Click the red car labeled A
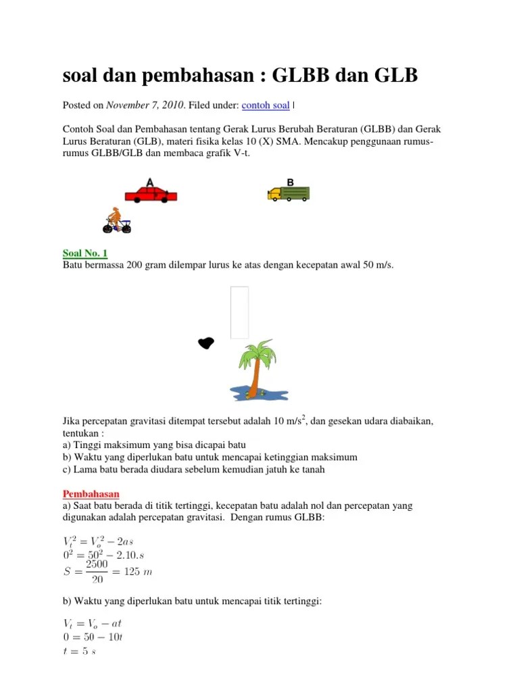point(151,195)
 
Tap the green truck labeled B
point(289,194)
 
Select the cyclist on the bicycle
point(116,220)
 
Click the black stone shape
point(206,343)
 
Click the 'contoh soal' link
point(265,105)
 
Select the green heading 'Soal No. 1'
point(85,253)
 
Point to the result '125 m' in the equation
point(136,572)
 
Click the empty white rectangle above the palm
point(239,312)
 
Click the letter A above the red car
point(149,182)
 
